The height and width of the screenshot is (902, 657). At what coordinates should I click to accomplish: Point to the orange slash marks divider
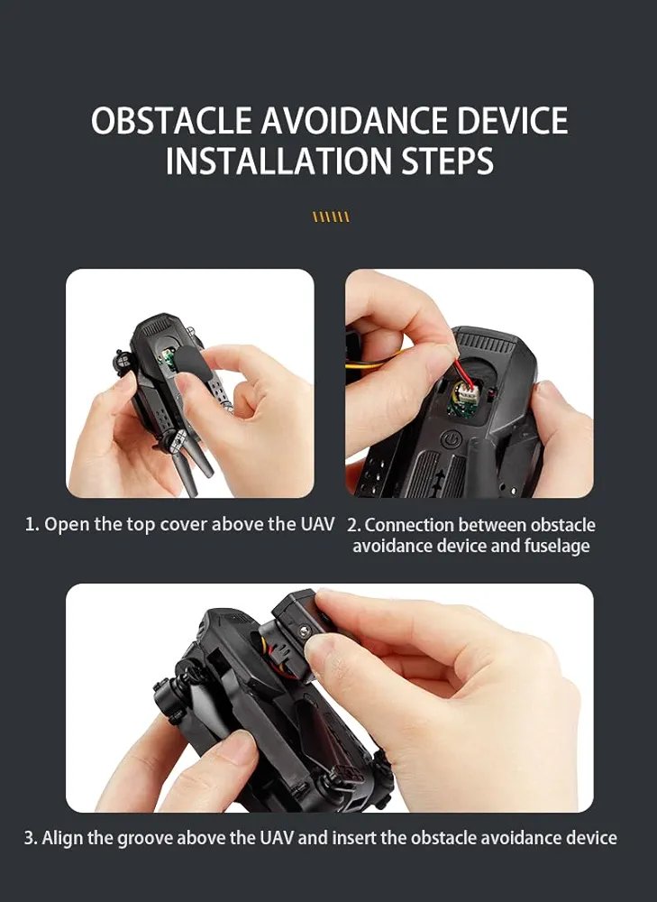pyautogui.click(x=331, y=216)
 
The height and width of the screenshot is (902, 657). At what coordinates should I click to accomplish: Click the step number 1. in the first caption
pyautogui.click(x=32, y=525)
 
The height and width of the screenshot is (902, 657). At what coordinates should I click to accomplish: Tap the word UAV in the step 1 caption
pyautogui.click(x=317, y=524)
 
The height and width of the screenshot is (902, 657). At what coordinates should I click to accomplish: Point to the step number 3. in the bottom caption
pyautogui.click(x=31, y=838)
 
